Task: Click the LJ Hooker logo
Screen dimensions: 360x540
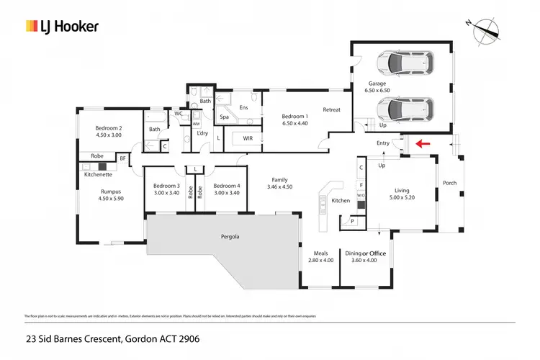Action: tap(62, 27)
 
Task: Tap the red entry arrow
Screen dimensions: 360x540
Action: tap(423, 143)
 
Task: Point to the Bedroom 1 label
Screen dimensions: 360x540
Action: tap(294, 117)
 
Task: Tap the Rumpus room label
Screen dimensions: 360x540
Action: tap(110, 192)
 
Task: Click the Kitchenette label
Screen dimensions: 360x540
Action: tap(99, 174)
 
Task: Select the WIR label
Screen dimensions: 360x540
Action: tap(248, 138)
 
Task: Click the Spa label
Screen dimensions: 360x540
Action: tap(224, 117)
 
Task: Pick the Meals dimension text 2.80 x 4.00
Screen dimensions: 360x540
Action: tap(320, 261)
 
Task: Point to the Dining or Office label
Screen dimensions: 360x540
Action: tap(366, 253)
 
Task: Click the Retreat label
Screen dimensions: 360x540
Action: tap(331, 109)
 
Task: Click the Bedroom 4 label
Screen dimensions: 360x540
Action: tap(227, 185)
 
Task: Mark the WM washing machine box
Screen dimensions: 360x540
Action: tap(196, 124)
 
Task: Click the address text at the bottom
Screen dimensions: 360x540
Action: tap(112, 338)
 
